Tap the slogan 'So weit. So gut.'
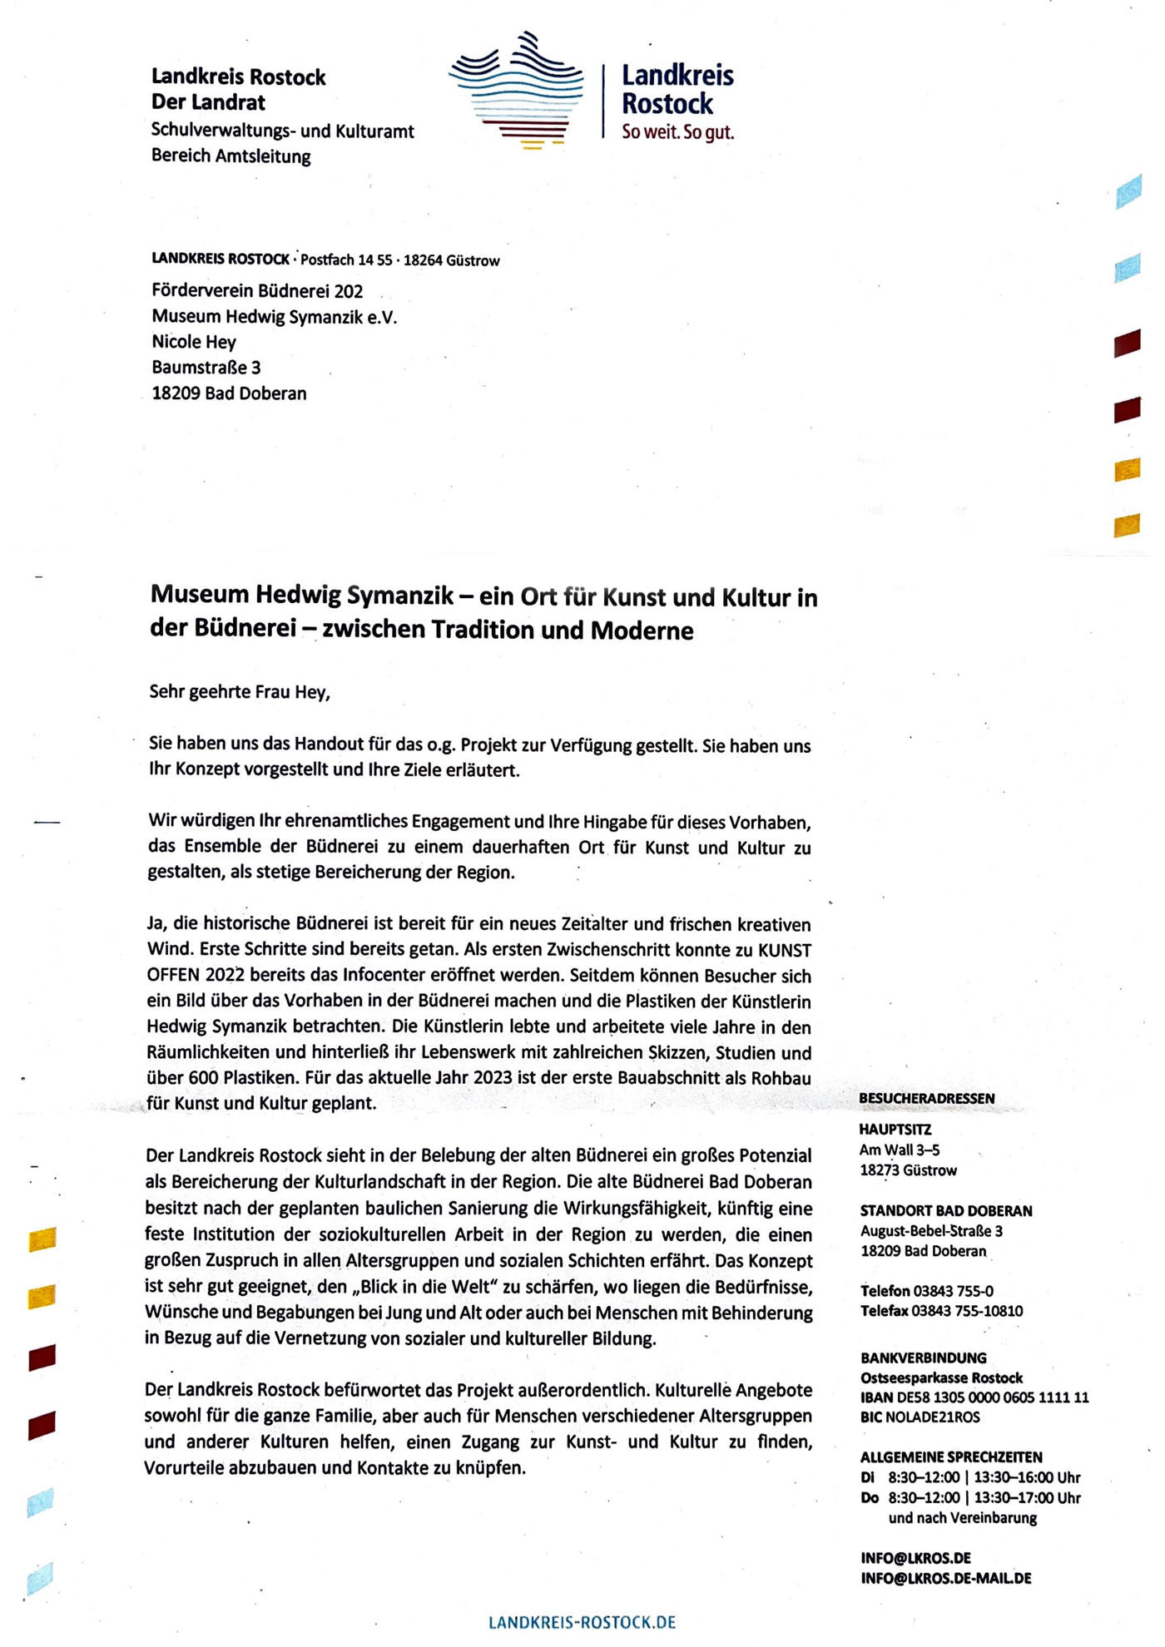pos(677,131)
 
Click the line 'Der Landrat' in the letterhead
pos(208,102)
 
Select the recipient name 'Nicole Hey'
pos(194,342)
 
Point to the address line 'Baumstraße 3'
pos(206,367)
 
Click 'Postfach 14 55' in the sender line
pos(345,260)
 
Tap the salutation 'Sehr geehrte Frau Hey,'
pos(240,692)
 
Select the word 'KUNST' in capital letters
pos(785,950)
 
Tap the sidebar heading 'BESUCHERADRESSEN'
pos(926,1099)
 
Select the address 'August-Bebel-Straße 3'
pos(931,1231)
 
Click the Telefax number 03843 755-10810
pos(967,1311)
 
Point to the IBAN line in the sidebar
pos(974,1397)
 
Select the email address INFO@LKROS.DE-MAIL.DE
pos(946,1579)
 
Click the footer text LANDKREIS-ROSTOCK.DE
pos(582,1623)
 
